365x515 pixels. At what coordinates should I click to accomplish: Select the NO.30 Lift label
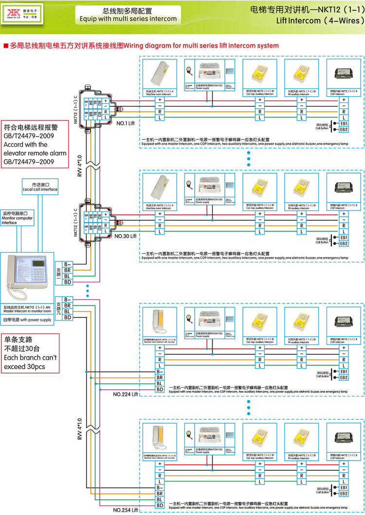(x=126, y=235)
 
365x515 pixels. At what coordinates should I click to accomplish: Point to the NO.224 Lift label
(x=126, y=394)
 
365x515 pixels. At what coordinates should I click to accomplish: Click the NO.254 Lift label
(x=126, y=510)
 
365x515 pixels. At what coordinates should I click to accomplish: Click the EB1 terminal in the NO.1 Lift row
(x=344, y=123)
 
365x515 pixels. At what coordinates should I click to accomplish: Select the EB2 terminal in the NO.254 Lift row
(x=344, y=494)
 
